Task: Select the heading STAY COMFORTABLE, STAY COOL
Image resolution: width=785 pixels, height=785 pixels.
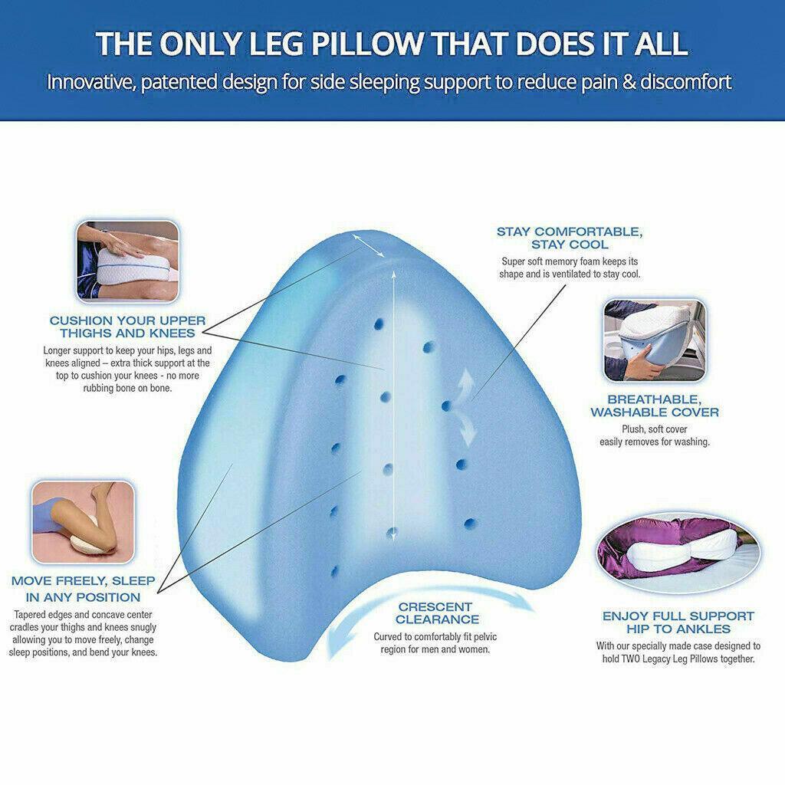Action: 569,238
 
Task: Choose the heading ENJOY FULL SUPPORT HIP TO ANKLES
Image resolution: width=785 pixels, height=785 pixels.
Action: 678,622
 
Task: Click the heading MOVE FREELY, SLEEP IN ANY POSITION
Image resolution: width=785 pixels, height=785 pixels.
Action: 82,589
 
